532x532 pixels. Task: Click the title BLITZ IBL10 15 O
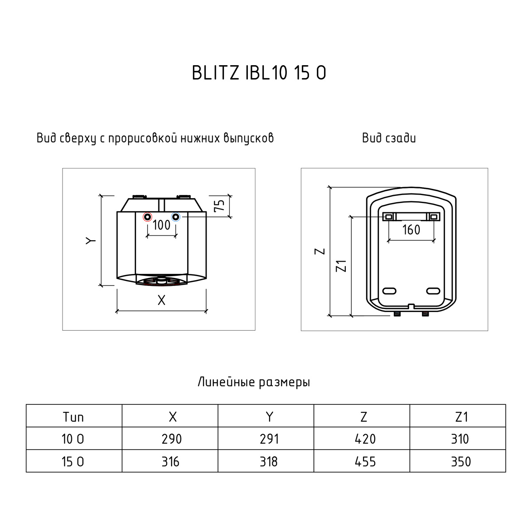click(x=259, y=73)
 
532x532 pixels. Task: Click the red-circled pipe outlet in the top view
click(x=147, y=217)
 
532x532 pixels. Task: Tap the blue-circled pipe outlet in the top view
click(x=176, y=217)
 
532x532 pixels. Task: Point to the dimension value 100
click(x=161, y=225)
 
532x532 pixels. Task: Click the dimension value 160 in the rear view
click(x=411, y=230)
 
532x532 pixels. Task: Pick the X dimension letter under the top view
click(x=161, y=300)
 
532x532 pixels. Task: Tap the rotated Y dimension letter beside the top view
click(x=91, y=240)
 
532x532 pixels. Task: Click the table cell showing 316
click(x=170, y=462)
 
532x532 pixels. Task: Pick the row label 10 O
click(x=73, y=439)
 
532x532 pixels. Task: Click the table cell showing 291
click(x=268, y=439)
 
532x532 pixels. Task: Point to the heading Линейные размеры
click(x=254, y=382)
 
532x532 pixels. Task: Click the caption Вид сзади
click(x=389, y=138)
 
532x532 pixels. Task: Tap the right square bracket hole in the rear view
click(x=434, y=216)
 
